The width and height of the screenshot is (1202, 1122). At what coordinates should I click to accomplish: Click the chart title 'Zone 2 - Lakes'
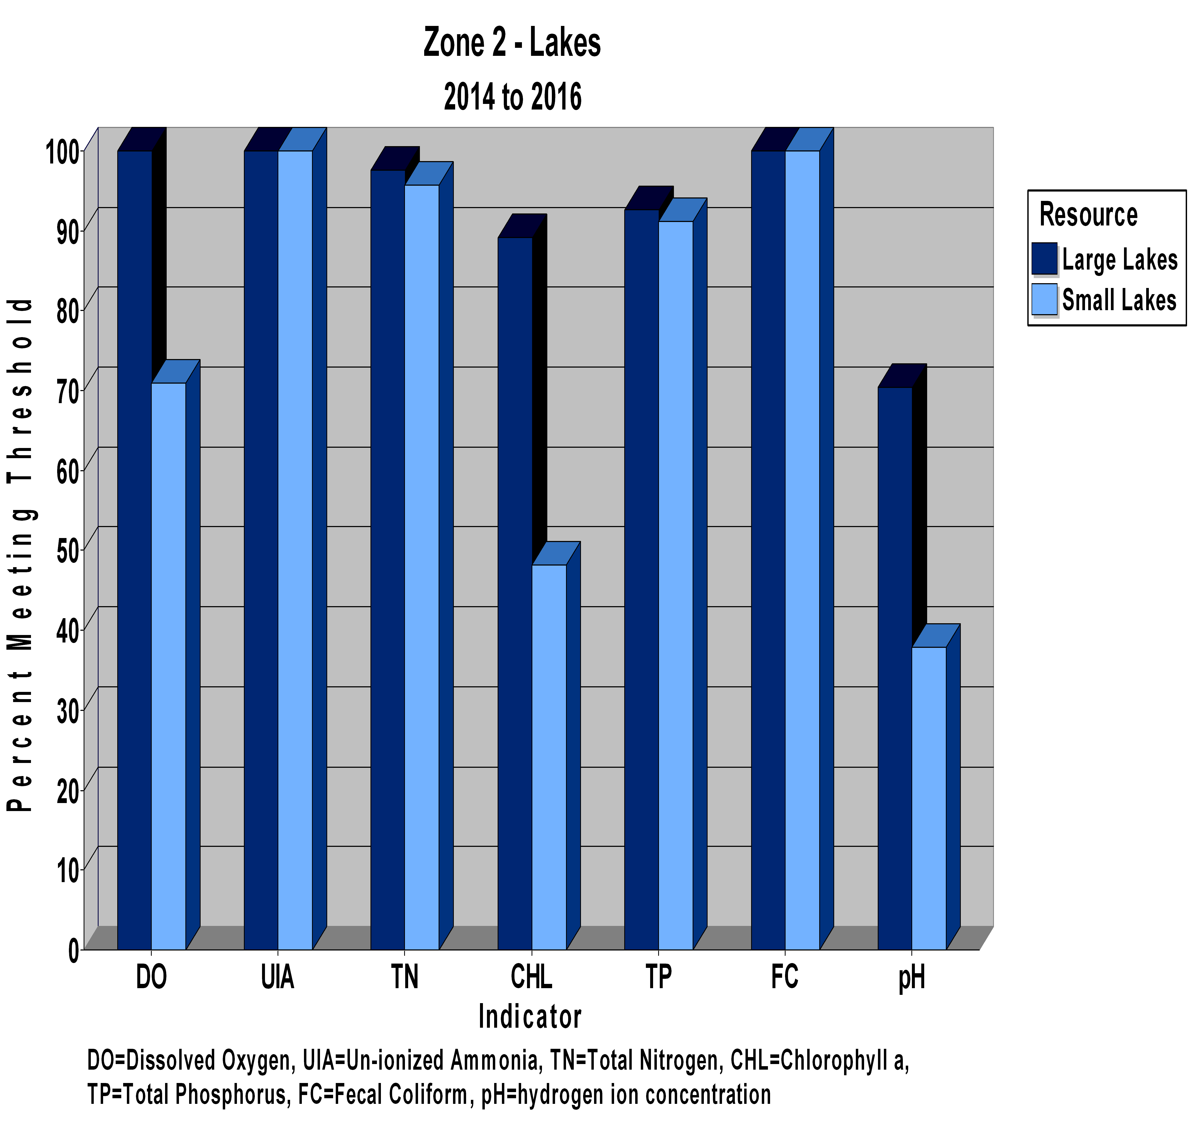(x=512, y=42)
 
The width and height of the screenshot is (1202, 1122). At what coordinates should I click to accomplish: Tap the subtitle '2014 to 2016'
(x=513, y=97)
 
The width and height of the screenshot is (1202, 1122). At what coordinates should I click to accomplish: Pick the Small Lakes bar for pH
(x=929, y=798)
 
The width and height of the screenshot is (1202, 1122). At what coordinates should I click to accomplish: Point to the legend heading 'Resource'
(x=1088, y=215)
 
